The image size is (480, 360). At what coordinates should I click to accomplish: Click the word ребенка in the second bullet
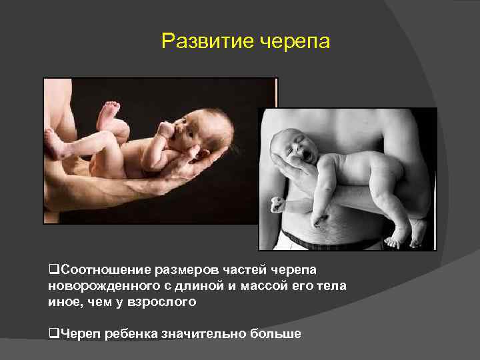[125, 333]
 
